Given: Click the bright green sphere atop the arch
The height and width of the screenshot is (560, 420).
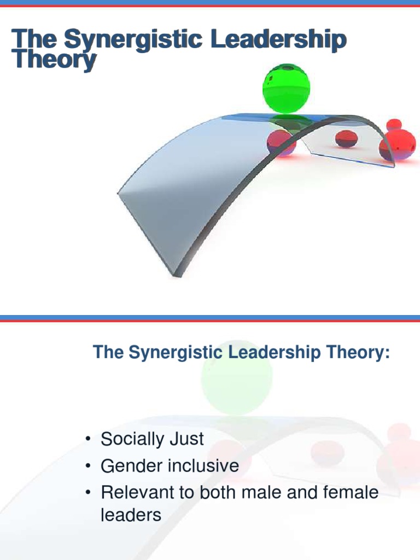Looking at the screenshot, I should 286,88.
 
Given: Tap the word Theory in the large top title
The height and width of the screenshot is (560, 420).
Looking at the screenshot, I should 54,60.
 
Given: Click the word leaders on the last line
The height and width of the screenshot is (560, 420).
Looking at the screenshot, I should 131,515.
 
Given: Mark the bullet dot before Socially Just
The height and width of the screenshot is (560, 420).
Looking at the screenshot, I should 87,440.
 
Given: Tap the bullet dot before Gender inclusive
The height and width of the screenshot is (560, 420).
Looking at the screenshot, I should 87,466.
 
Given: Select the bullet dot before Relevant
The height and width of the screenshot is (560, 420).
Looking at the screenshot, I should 87,493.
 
